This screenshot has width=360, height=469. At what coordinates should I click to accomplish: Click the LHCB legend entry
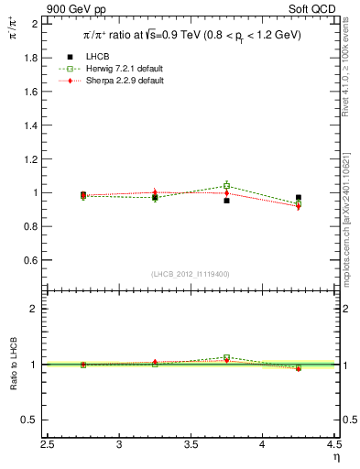[x=98, y=58]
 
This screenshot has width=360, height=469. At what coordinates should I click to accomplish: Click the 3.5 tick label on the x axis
[x=191, y=445]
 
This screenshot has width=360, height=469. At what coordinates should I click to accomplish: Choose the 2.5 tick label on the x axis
[x=49, y=445]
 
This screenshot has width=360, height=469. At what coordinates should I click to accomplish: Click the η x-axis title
[x=335, y=457]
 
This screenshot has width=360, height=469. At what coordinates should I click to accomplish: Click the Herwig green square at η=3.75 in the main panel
[x=226, y=186]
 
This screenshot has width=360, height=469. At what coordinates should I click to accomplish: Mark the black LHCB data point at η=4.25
[x=298, y=197]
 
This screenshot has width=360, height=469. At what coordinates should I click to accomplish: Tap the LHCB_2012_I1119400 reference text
[x=191, y=274]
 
